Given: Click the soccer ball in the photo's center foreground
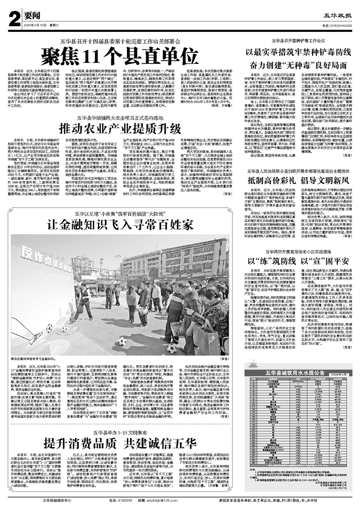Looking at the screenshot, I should [x=123, y=341].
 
